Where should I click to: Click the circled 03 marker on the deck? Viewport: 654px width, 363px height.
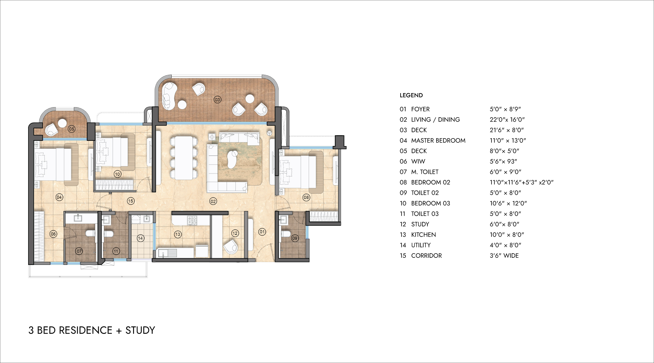click(x=217, y=100)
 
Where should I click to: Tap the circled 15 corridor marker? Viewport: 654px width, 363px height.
click(x=131, y=201)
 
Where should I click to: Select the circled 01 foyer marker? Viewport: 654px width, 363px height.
click(x=262, y=232)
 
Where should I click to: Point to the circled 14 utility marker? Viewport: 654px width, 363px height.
click(x=141, y=238)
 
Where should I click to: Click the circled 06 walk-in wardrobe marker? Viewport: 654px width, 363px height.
click(x=53, y=234)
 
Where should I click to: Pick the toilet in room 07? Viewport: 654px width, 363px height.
click(x=90, y=234)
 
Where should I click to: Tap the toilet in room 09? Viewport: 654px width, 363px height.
click(x=285, y=234)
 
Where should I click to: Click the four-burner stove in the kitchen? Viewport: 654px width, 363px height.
click(x=192, y=221)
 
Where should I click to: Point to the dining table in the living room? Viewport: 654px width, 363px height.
click(x=184, y=158)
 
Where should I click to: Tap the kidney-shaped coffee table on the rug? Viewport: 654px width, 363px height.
click(x=233, y=159)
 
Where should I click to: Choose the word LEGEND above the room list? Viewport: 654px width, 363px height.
click(x=411, y=95)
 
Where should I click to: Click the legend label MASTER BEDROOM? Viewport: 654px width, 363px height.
click(x=438, y=140)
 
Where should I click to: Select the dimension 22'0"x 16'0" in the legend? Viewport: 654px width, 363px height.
click(x=507, y=120)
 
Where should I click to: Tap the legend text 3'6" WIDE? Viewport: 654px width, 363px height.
click(x=504, y=256)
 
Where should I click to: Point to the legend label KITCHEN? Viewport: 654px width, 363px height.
click(x=423, y=235)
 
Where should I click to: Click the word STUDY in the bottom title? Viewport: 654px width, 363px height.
click(x=140, y=330)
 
